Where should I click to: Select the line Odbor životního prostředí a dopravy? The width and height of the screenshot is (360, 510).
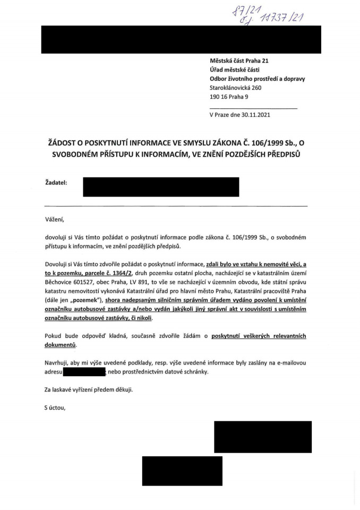point(257,79)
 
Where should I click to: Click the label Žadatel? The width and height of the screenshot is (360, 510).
point(56,183)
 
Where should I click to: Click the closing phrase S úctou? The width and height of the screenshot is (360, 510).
point(57,407)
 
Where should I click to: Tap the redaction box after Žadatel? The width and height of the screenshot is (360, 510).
point(161,187)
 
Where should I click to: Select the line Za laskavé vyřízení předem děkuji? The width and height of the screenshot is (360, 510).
point(89,390)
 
